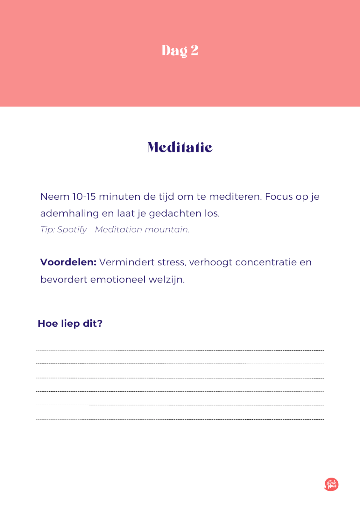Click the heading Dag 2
click(180, 51)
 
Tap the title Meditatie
click(180, 147)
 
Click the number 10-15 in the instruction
click(84, 197)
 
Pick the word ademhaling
click(69, 213)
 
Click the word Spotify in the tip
click(72, 230)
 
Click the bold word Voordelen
click(68, 262)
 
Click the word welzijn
click(166, 280)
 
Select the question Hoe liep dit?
click(70, 324)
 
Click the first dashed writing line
click(180, 350)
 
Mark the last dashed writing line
click(180, 419)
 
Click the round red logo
click(331, 484)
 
